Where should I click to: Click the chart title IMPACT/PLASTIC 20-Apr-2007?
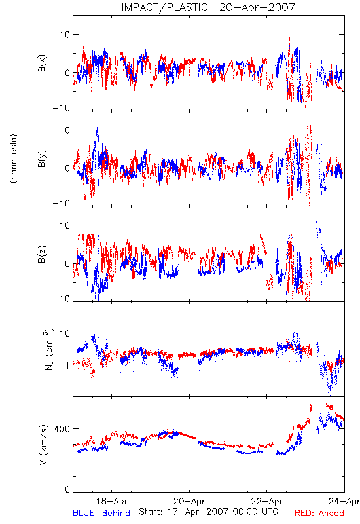(208, 7)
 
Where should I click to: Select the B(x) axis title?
(42, 63)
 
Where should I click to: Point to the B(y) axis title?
(42, 159)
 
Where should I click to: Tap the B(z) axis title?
(42, 254)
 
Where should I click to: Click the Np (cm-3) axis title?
(49, 350)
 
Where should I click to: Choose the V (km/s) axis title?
(43, 445)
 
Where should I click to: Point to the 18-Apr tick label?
(112, 501)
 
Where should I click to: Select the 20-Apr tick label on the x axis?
(189, 501)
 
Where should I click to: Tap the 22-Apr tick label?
(267, 501)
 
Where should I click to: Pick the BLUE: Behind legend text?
(101, 513)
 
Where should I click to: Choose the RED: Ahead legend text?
(319, 513)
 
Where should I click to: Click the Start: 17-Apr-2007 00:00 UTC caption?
(208, 512)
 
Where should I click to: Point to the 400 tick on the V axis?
(62, 429)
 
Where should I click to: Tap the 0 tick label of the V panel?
(67, 490)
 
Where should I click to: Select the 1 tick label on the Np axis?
(68, 365)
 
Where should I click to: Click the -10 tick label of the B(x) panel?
(62, 108)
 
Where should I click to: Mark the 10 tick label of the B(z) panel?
(65, 225)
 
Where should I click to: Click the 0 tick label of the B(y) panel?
(67, 168)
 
